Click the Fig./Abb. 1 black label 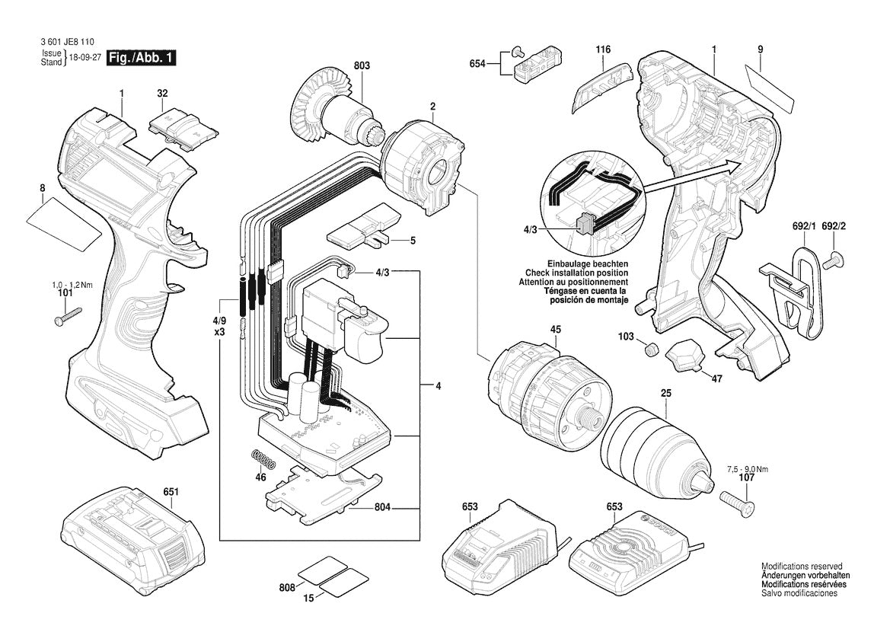coord(142,57)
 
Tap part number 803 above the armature coord(362,67)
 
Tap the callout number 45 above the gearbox coord(556,330)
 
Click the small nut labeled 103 coord(651,350)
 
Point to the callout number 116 coord(603,50)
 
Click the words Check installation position coord(576,273)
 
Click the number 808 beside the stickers coord(286,587)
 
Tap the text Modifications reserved coord(802,567)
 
